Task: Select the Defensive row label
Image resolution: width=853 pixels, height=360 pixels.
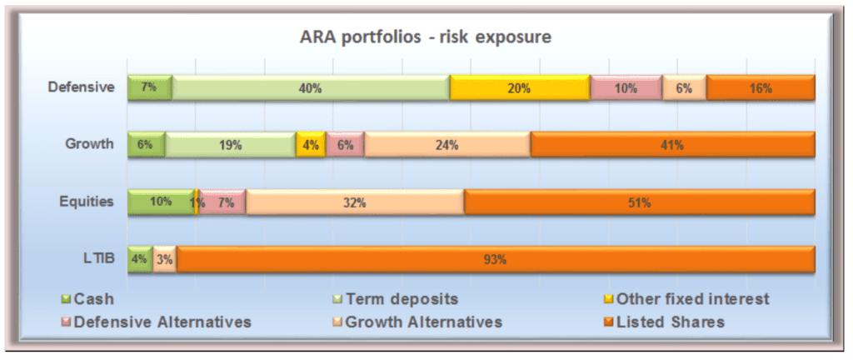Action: (x=81, y=87)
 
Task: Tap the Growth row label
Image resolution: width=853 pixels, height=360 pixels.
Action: (x=89, y=144)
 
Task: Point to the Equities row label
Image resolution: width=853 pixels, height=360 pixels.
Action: (x=87, y=201)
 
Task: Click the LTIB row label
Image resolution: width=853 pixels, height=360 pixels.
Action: (x=101, y=258)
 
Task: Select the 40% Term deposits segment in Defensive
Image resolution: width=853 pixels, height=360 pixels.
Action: (x=312, y=87)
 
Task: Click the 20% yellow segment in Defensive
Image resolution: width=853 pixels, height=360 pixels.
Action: (x=520, y=87)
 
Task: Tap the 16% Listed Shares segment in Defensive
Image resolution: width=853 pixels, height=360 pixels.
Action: (x=761, y=87)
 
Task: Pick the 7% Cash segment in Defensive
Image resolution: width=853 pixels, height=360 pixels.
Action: (x=150, y=87)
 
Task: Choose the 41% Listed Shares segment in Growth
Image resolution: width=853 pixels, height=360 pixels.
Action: (x=673, y=145)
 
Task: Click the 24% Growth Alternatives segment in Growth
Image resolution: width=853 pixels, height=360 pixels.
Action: (x=447, y=145)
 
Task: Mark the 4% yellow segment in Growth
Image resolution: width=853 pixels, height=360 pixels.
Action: (x=311, y=145)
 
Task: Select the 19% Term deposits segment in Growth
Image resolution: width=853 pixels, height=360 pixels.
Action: (x=231, y=145)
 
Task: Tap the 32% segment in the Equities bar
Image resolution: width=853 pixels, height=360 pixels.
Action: (x=355, y=202)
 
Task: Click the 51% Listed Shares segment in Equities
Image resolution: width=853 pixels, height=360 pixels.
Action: (x=640, y=202)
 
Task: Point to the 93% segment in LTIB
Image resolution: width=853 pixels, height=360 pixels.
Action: (x=496, y=259)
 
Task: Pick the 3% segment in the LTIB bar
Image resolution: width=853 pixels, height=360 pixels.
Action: (x=165, y=259)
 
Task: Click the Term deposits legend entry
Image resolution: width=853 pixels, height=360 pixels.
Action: (x=396, y=298)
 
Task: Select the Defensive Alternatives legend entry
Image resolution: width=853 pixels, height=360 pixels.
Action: (x=157, y=322)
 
